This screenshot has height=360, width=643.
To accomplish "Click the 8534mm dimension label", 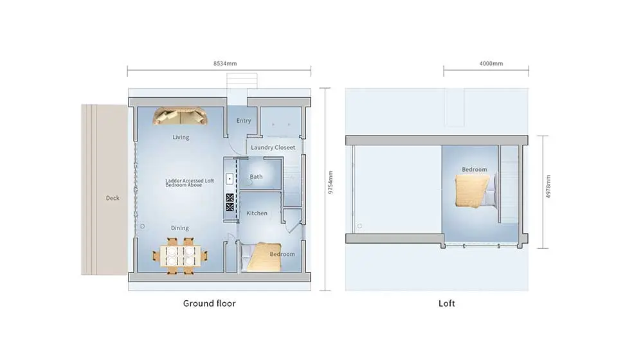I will pos(219,64).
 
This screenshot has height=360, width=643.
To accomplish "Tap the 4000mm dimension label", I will pos(491,64).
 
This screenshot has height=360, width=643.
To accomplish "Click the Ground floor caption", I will pos(209,303).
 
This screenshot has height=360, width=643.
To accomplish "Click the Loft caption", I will pos(446,303).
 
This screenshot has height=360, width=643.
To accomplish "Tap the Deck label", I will pos(113,198).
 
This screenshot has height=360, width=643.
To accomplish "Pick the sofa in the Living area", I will pos(181,116).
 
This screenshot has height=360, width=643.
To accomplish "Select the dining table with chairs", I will pos(180,256).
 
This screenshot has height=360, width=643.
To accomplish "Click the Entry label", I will pos(244,121).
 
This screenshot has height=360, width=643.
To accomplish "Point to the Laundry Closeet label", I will pos(273,148).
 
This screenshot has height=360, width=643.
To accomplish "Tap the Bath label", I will pos(256,177).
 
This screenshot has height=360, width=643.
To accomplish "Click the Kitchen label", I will pos(257,213).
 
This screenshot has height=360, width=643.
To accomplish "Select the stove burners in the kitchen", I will pos(230,203).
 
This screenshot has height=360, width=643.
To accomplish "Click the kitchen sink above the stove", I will pos(229,178).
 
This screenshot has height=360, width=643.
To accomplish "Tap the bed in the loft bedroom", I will pos(473,192).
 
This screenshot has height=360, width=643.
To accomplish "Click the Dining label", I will pos(180,228).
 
